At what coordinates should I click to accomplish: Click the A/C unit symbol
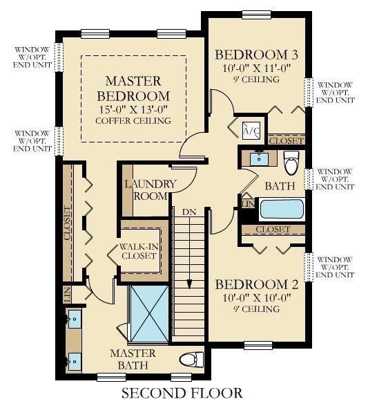[x=251, y=131]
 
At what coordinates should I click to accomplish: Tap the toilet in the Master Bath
[x=191, y=360]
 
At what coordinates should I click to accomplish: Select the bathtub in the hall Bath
[x=282, y=209]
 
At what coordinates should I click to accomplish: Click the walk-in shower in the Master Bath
[x=150, y=314]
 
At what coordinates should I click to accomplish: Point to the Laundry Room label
[x=151, y=190]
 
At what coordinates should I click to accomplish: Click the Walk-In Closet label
[x=139, y=252]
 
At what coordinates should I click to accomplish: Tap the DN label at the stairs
[x=189, y=212]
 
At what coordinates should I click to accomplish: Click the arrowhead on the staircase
[x=189, y=284]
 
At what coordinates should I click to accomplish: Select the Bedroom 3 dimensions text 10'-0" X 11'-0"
[x=256, y=68]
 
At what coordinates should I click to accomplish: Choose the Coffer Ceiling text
[x=133, y=120]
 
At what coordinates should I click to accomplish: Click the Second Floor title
[x=182, y=394]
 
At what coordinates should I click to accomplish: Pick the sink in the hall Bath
[x=259, y=159]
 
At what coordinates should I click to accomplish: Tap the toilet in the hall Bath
[x=291, y=163]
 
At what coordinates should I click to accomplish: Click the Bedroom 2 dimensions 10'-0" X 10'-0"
[x=256, y=298]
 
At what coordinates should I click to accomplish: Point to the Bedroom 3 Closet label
[x=287, y=140]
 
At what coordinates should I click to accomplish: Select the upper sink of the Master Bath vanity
[x=75, y=319]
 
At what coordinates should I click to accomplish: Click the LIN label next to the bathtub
[x=249, y=204]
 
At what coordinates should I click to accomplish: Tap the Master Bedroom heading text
[x=133, y=89]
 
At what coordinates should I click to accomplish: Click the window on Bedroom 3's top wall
[x=257, y=15]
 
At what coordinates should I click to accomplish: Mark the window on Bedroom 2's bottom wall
[x=258, y=345]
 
